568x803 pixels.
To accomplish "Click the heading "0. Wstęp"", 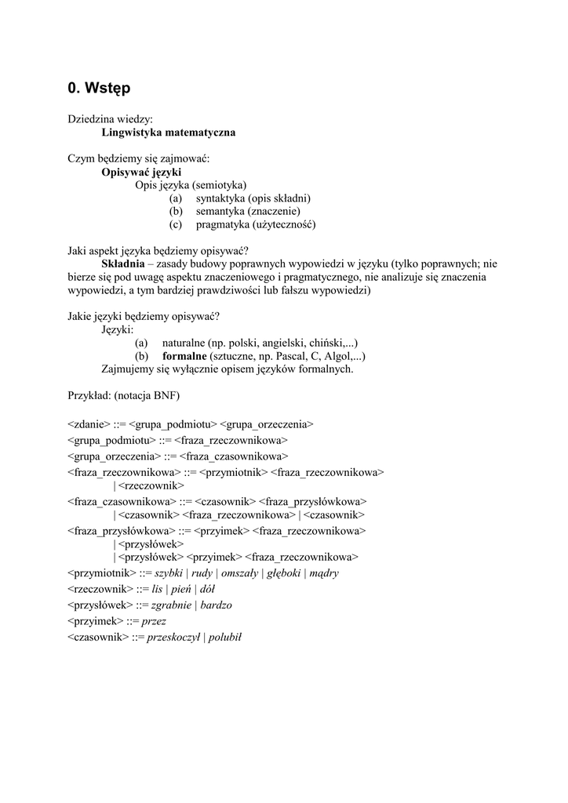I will click(99, 89).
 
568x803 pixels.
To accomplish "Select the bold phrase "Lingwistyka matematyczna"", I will click(169, 133).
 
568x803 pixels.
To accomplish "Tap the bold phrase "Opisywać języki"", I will click(141, 172).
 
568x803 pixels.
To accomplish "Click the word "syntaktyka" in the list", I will click(222, 198).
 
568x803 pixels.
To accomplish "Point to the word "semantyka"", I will click(220, 211).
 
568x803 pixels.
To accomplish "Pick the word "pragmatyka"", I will click(222, 224).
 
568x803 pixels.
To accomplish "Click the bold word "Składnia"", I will click(123, 263).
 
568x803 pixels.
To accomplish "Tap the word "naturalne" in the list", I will click(184, 343).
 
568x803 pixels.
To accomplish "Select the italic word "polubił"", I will click(224, 637).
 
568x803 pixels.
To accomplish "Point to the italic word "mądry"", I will click(324, 573).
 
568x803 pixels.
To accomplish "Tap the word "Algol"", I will click(337, 356).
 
